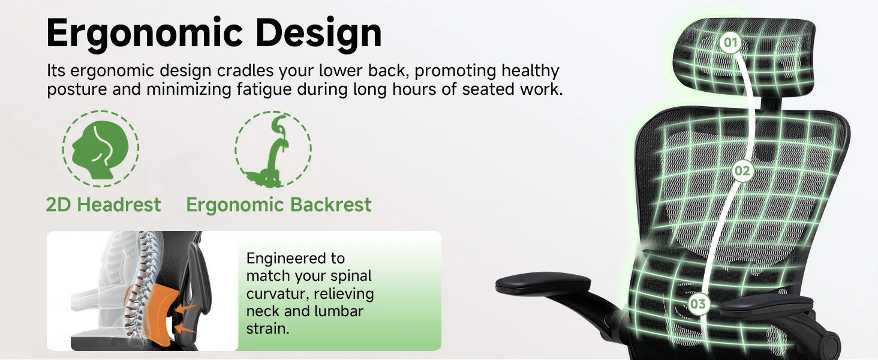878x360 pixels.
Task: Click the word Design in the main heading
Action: click(318, 34)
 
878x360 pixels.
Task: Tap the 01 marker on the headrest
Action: click(730, 43)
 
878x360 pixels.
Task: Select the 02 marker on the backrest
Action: click(742, 171)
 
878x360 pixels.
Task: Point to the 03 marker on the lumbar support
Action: click(698, 304)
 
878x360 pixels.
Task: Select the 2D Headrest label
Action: click(104, 205)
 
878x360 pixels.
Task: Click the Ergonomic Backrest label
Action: click(279, 205)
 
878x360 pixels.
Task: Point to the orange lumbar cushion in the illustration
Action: click(154, 314)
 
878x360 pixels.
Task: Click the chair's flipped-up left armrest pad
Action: click(543, 284)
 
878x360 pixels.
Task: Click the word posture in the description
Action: click(77, 90)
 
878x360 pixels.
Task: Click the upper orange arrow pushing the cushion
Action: click(185, 308)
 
